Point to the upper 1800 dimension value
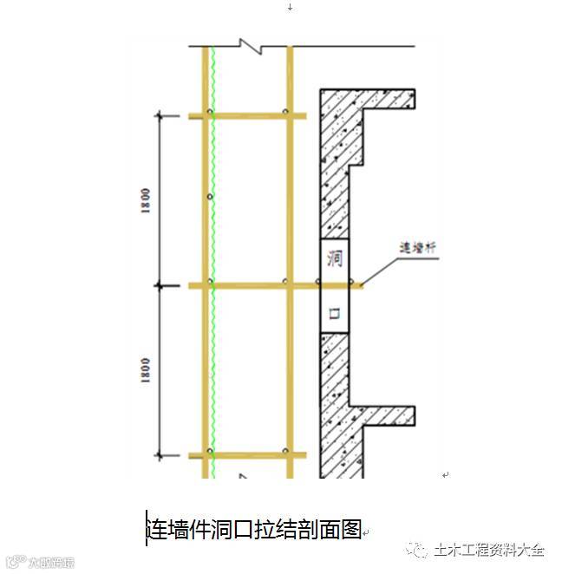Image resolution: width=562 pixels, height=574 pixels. pos(148,200)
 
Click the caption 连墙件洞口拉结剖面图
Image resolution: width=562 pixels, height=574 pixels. pos(253,528)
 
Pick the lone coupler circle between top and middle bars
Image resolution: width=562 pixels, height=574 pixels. pos(209,197)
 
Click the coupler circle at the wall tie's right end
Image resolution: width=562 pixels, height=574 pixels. pos(351,282)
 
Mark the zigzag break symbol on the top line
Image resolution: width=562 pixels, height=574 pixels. pos(252,46)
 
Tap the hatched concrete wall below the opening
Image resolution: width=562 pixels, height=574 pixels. pos(334,399)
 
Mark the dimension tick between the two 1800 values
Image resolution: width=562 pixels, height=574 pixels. pos(160,284)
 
